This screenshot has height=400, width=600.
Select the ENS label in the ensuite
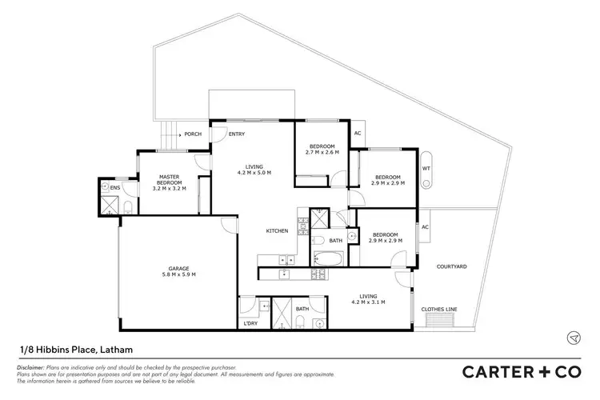point(115,188)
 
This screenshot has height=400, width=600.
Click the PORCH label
point(193,134)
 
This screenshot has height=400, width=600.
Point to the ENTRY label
point(236,134)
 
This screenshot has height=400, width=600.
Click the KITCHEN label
point(277,231)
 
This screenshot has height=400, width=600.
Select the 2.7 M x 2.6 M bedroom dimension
point(322,152)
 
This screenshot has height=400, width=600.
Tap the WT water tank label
point(426,169)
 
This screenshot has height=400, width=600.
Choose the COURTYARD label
point(451,266)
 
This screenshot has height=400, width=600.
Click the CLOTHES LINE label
point(438,308)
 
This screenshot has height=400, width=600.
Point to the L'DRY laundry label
point(250,323)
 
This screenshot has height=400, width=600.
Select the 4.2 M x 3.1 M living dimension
point(369,302)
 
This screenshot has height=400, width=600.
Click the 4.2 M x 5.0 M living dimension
point(254,173)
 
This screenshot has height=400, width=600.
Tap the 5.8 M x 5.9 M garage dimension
point(177,274)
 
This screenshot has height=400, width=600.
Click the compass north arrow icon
point(574,338)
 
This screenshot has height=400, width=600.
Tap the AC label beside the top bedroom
point(358,134)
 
